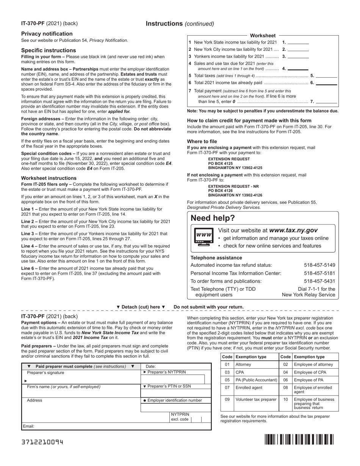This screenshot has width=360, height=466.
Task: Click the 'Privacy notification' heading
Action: point(47,34)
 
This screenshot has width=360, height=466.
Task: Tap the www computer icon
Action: point(203,237)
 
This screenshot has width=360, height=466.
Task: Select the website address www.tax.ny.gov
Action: point(293,230)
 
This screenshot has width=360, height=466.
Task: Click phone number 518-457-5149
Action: point(319,265)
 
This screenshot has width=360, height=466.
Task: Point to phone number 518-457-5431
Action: point(319,281)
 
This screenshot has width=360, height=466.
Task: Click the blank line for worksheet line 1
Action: point(298,43)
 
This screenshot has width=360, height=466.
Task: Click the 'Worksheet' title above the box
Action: point(263,36)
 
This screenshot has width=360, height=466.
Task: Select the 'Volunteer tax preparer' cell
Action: point(256,399)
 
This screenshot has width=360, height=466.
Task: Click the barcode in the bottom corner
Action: point(299,439)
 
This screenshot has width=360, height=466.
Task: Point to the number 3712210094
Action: point(42,442)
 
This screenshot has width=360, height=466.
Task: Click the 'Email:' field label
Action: point(29,426)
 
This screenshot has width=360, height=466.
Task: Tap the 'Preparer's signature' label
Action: point(45,372)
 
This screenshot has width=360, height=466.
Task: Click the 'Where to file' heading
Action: point(202,142)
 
